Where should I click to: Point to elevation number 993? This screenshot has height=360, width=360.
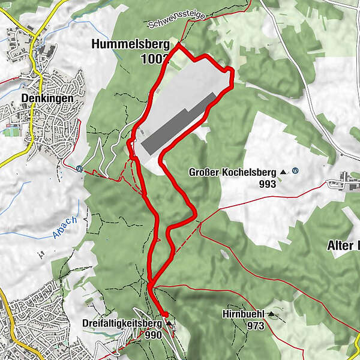[x=268, y=184]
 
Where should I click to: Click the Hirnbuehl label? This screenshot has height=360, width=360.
[x=244, y=314]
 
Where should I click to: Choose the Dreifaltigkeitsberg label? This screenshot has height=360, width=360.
[x=123, y=324]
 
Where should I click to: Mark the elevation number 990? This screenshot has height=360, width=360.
[x=153, y=335]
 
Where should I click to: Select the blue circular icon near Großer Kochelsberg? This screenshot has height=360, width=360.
[x=295, y=170]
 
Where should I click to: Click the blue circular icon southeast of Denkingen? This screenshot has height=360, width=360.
[x=79, y=168]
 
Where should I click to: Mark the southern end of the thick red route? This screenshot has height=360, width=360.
[x=165, y=314]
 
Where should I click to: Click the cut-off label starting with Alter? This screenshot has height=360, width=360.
[x=343, y=245]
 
